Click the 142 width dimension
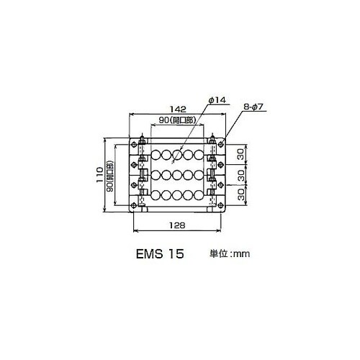(x=178, y=109)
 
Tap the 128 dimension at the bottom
(x=177, y=225)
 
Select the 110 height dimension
(x=100, y=175)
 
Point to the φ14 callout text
(x=217, y=100)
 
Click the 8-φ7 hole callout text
(x=253, y=107)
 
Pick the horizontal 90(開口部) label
(x=177, y=120)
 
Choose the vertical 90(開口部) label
(x=110, y=176)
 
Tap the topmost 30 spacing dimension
(x=241, y=154)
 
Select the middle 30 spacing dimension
(x=241, y=175)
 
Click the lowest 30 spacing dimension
(x=241, y=194)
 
